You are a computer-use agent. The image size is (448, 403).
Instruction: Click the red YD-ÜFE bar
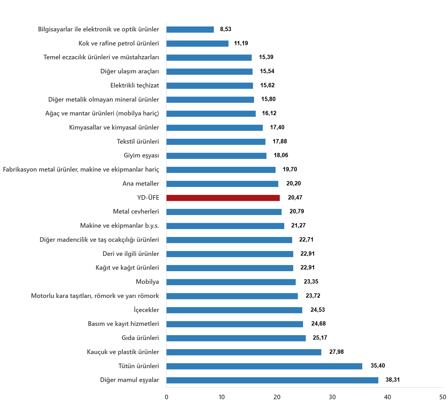223,198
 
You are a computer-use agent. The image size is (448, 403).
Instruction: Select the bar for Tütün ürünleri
264,366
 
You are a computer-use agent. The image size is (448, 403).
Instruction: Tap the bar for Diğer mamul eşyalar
272,380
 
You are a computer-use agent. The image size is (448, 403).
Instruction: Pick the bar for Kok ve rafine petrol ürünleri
198,44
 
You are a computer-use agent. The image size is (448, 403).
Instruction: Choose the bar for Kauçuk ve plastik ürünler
244,352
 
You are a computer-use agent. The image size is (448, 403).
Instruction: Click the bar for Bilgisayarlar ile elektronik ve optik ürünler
190,30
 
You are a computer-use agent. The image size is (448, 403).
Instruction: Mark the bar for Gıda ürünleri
236,338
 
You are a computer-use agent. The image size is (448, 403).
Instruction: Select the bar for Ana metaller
222,184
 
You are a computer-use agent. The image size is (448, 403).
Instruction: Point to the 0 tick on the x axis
166,397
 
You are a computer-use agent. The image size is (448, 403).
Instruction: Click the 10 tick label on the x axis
222,397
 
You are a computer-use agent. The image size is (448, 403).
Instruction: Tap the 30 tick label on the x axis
332,397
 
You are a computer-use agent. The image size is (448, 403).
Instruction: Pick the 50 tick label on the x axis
443,397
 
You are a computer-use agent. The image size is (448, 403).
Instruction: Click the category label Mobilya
147,282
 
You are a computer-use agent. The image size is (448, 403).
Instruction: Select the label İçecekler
146,310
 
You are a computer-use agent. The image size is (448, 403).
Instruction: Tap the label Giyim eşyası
141,155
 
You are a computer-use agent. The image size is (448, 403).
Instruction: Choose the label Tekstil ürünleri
138,142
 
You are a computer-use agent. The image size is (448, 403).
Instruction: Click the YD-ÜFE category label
148,198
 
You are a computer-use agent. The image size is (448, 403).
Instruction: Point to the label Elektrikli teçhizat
134,85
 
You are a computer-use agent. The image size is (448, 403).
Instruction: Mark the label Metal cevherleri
136,212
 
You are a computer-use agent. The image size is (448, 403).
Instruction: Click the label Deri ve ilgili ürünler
131,254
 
